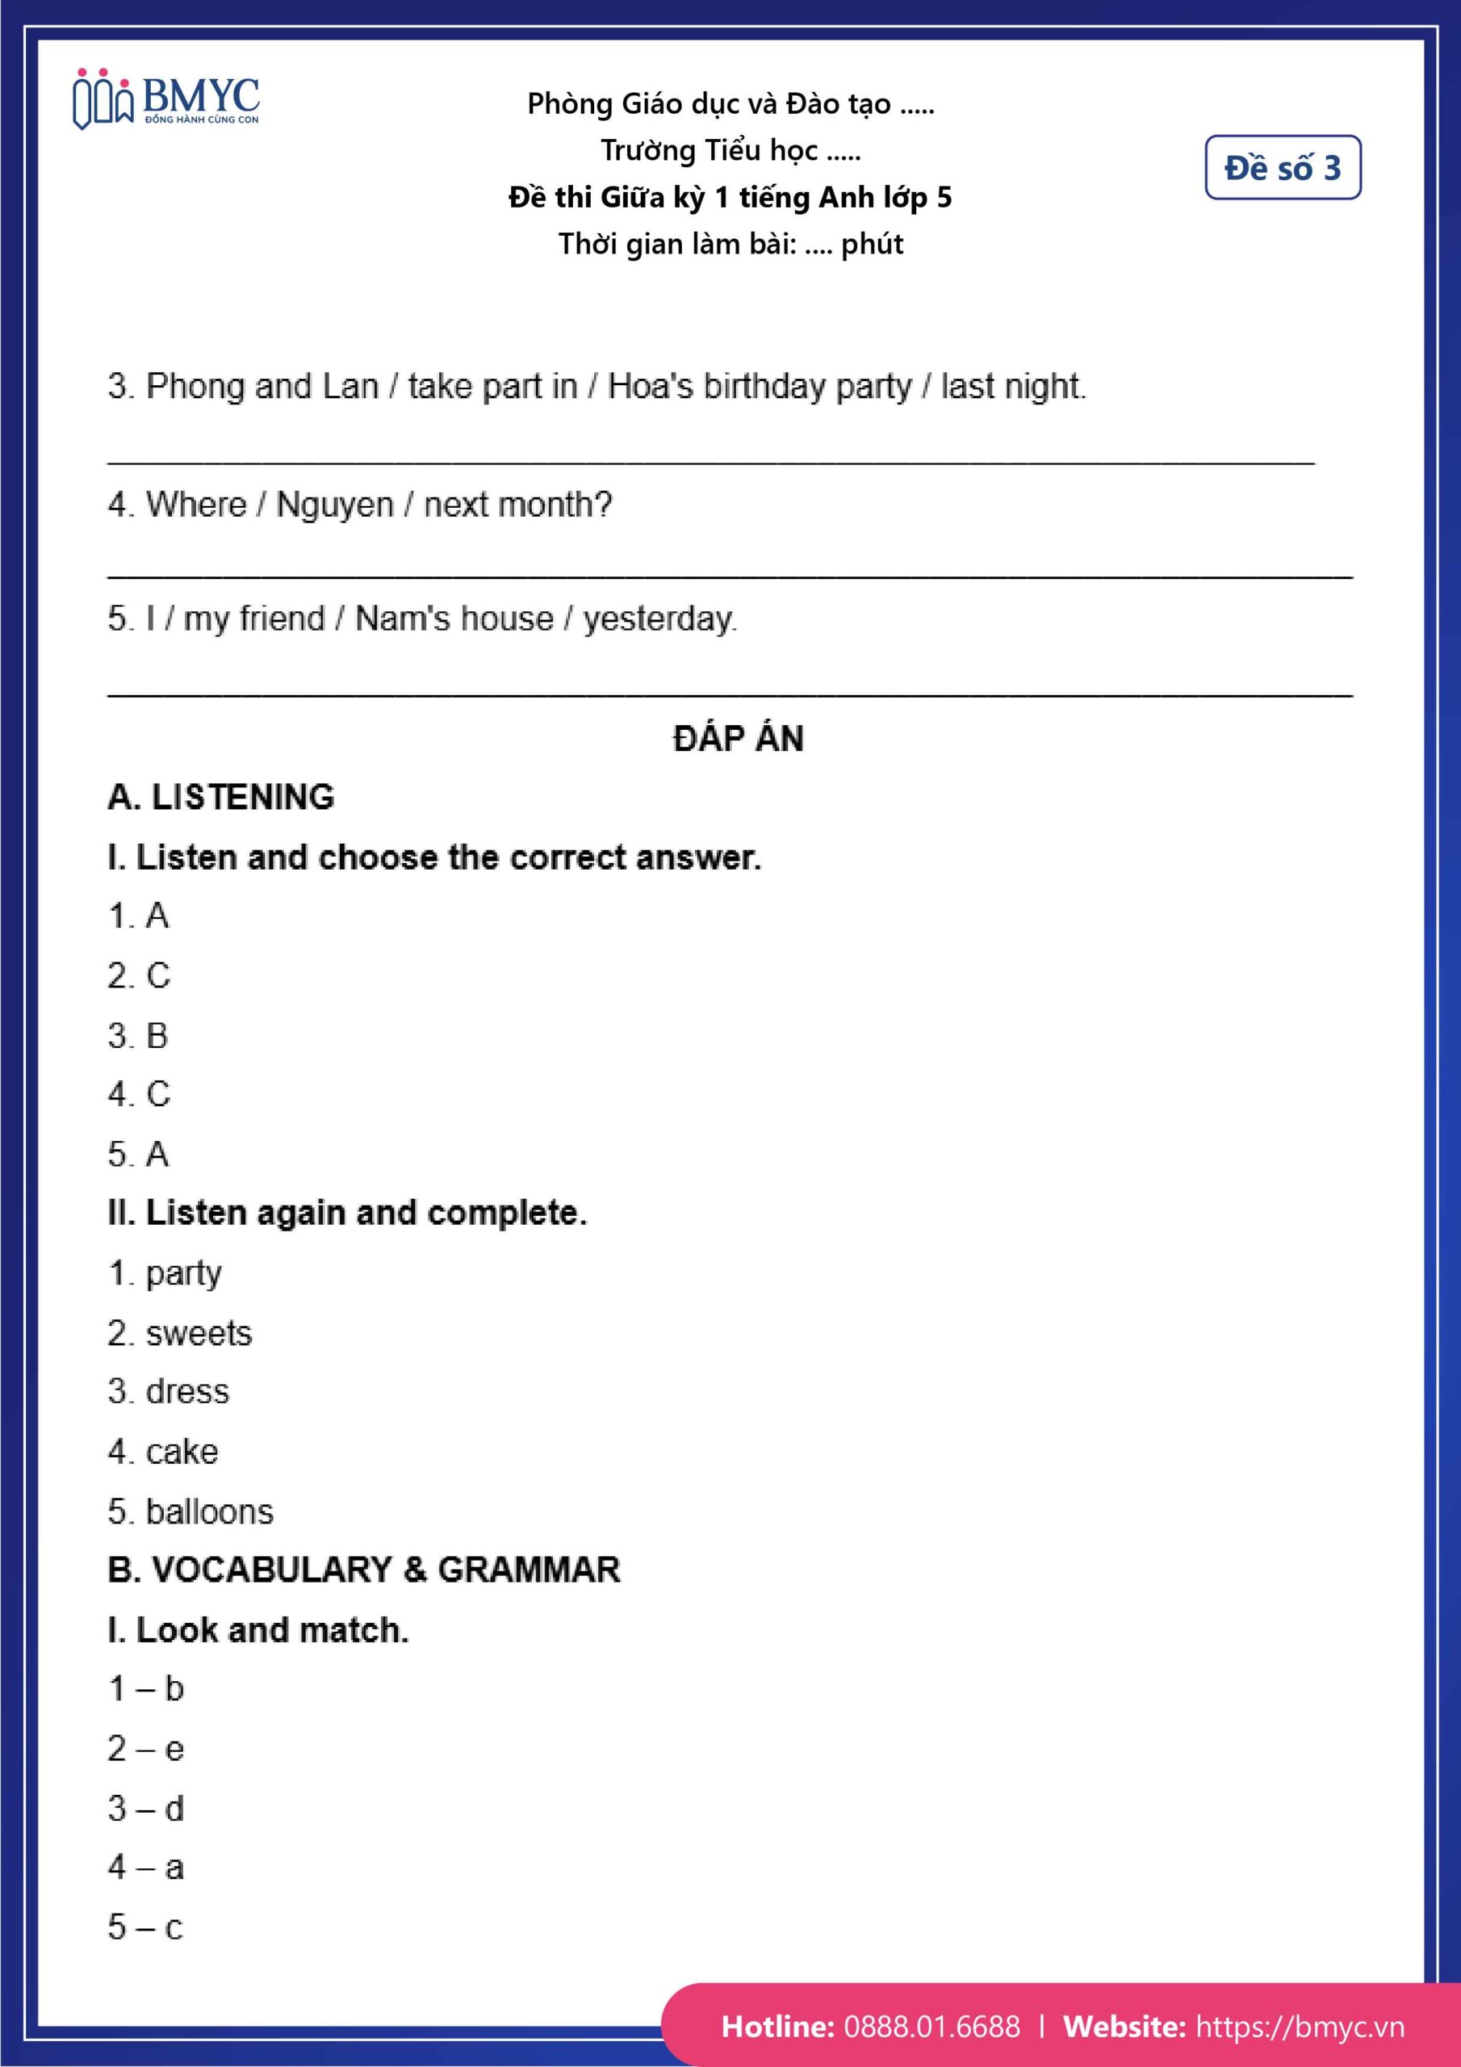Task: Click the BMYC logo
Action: click(x=166, y=99)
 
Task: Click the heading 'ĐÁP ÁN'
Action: click(x=738, y=738)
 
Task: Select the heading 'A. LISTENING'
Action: click(x=220, y=797)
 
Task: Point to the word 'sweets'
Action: click(x=199, y=1332)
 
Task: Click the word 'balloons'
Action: click(x=210, y=1511)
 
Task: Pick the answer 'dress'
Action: click(x=187, y=1392)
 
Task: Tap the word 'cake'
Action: click(x=182, y=1451)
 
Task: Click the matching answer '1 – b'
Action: click(x=146, y=1689)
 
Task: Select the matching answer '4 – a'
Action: click(x=146, y=1867)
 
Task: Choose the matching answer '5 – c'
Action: click(x=146, y=1927)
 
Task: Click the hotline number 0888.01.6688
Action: click(x=931, y=2027)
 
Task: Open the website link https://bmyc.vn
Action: click(x=1299, y=2027)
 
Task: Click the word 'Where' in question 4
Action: click(x=196, y=505)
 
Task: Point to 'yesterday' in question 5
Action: click(x=659, y=619)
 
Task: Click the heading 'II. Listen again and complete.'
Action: click(x=346, y=1213)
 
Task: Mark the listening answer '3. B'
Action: click(x=138, y=1035)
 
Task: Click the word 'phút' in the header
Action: click(x=872, y=244)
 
